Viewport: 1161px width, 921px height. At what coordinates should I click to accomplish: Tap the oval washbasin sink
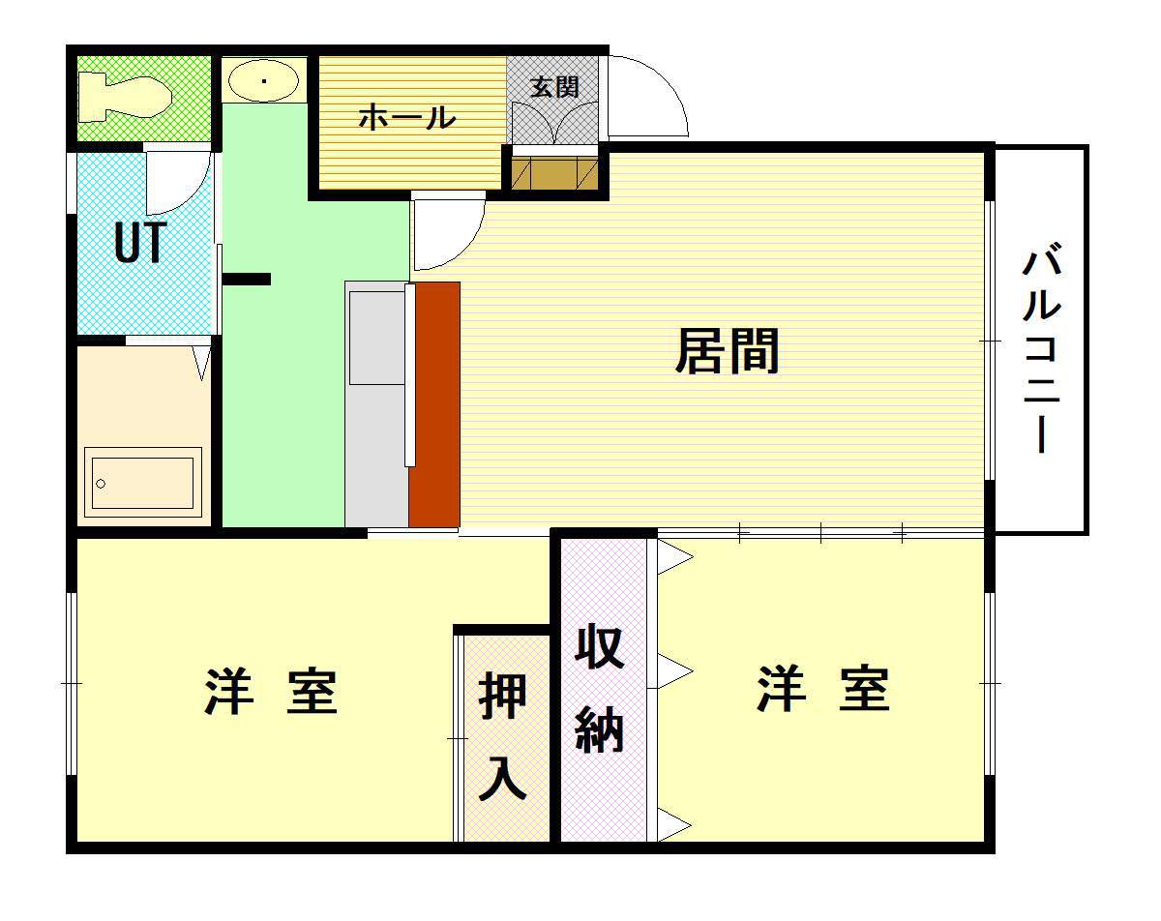point(263,81)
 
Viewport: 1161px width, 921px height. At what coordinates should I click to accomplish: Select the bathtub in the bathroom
point(142,479)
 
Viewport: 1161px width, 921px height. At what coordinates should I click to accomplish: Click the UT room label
point(140,243)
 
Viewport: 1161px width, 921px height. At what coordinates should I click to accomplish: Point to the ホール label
point(407,118)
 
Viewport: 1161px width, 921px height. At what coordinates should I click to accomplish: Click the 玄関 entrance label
point(554,87)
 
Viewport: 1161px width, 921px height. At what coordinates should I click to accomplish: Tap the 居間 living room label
point(727,351)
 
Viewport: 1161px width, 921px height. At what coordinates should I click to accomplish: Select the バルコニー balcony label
point(1042,349)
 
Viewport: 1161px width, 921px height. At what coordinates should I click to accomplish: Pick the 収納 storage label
point(600,688)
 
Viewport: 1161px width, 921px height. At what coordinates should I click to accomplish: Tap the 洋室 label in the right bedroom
point(823,689)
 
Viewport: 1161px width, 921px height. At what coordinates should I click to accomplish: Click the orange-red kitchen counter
point(434,404)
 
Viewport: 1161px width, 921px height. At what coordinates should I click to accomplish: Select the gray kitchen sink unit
point(376,404)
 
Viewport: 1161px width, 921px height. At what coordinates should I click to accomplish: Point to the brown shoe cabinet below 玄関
point(554,172)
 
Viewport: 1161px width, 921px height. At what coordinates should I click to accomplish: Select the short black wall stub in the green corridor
point(247,279)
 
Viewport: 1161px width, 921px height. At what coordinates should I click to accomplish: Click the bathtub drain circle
point(101,484)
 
